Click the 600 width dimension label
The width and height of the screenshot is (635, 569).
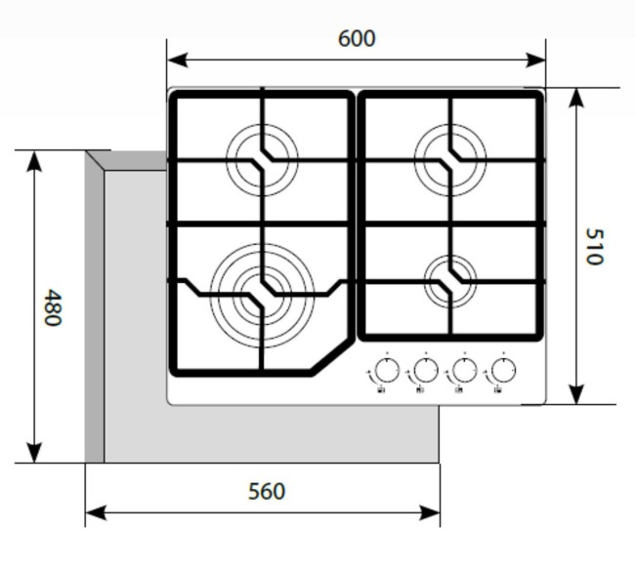pyautogui.click(x=357, y=39)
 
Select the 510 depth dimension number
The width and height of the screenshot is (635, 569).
pyautogui.click(x=595, y=246)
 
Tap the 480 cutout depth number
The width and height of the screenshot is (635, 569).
pyautogui.click(x=53, y=307)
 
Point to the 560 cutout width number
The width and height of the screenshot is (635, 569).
pyautogui.click(x=266, y=491)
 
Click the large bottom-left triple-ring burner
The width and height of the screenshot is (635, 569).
pyautogui.click(x=262, y=290)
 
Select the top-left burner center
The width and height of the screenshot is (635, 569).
pyautogui.click(x=261, y=159)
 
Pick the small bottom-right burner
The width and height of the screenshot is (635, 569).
pyautogui.click(x=450, y=280)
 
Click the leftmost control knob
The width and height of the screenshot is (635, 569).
pyautogui.click(x=387, y=371)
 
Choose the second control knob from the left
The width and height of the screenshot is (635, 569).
pyautogui.click(x=425, y=371)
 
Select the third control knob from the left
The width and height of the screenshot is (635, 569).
pyautogui.click(x=464, y=371)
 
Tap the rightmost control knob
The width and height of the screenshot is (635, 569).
pyautogui.click(x=503, y=371)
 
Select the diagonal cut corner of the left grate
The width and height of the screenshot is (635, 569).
pyautogui.click(x=330, y=357)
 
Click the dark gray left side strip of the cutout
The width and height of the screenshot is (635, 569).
pyautogui.click(x=95, y=312)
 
